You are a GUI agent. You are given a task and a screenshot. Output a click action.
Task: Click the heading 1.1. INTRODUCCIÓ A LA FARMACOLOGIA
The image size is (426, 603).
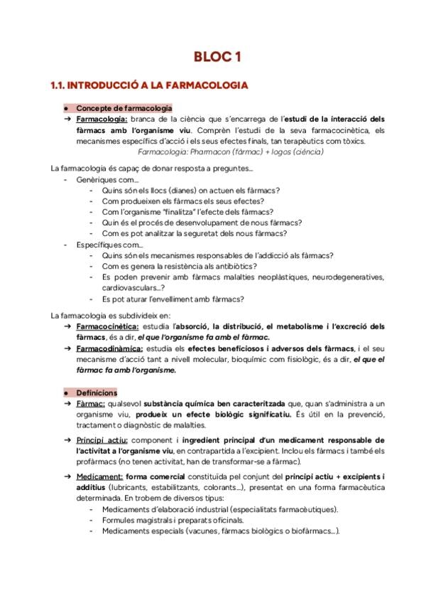point(148,86)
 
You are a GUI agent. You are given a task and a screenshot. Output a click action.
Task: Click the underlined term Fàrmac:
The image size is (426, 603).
point(90,404)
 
